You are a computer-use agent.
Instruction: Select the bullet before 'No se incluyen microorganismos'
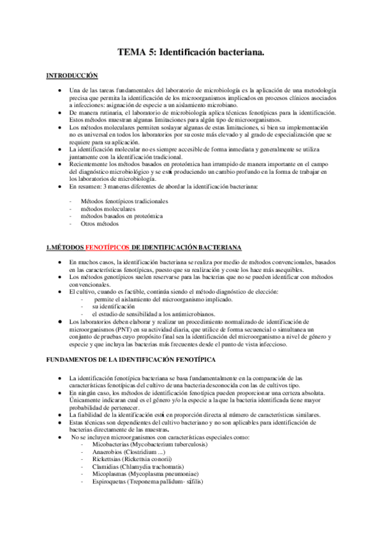click(59, 436)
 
